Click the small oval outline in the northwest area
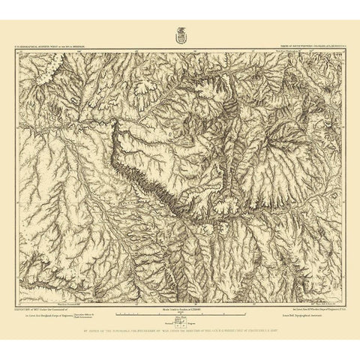click(74, 98)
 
